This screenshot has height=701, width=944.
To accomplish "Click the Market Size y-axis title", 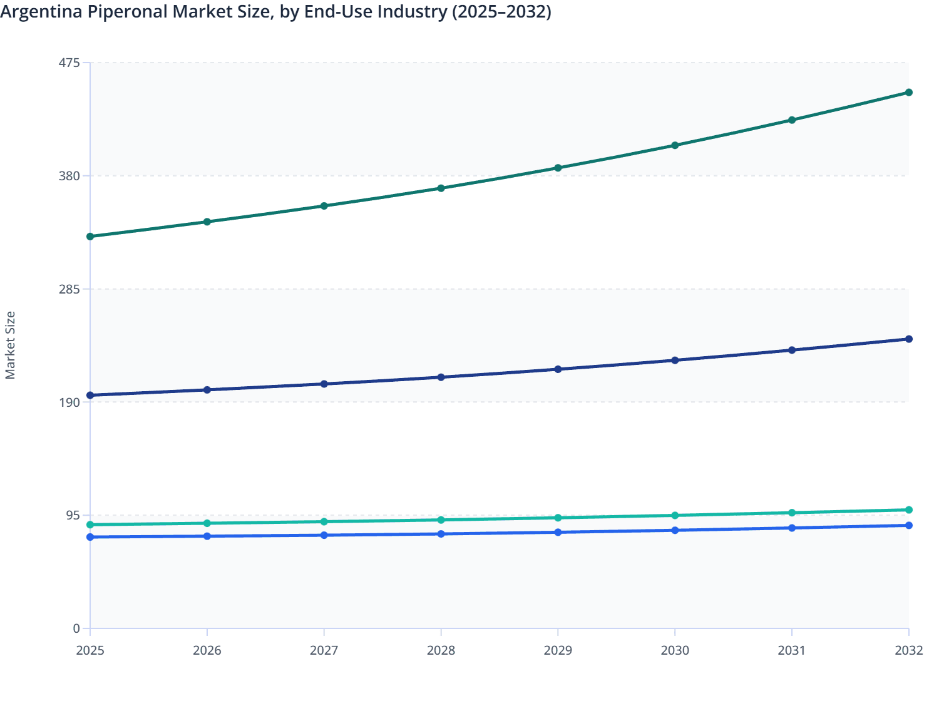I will (x=11, y=345).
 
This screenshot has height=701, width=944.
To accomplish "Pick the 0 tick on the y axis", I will (x=76, y=628).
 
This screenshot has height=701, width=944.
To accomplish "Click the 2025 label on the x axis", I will (x=90, y=650).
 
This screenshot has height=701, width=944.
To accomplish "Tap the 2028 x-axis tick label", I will (x=441, y=650).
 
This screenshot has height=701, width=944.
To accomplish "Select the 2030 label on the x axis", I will (x=675, y=650).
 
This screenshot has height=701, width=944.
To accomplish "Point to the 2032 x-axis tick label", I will (x=908, y=650).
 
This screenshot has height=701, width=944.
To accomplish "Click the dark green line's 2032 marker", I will (x=909, y=93).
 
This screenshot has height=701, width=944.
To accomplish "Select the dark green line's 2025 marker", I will (x=90, y=237).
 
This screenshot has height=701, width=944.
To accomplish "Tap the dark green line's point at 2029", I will (x=558, y=168).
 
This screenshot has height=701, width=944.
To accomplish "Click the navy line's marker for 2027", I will (x=324, y=384).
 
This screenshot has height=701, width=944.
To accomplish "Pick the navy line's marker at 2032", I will (x=909, y=339).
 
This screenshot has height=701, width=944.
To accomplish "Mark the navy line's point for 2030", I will (x=675, y=361).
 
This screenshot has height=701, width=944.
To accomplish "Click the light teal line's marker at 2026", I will (x=207, y=523).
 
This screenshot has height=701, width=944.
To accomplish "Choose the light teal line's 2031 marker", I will (x=792, y=513).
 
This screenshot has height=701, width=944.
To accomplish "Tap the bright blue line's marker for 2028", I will (x=441, y=534).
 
